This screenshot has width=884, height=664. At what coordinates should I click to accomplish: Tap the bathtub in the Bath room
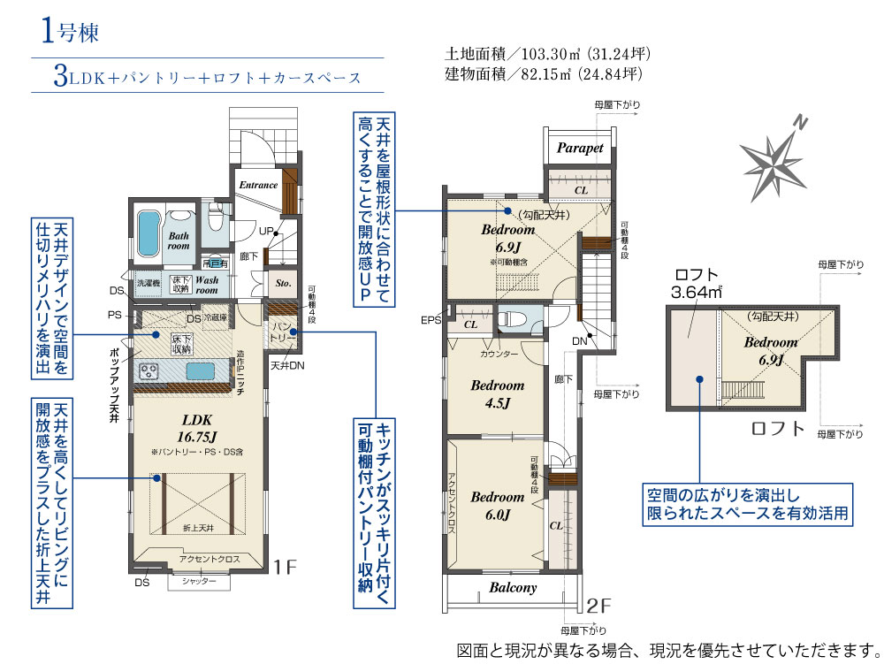tap(149, 233)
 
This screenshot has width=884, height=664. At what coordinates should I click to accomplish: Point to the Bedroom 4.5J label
tap(497, 394)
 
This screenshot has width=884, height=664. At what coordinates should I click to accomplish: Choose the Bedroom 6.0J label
tap(497, 505)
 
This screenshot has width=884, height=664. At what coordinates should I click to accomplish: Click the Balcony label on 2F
tap(513, 587)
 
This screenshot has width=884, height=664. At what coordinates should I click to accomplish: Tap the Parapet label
tap(580, 148)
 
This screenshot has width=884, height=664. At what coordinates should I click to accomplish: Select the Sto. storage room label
tap(283, 284)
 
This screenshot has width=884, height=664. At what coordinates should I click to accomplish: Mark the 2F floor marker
tap(598, 606)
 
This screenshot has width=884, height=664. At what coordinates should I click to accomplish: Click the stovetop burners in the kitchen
tap(149, 370)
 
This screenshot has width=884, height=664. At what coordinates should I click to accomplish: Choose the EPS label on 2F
tap(431, 320)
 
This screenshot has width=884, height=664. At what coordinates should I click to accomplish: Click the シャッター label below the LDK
tap(198, 581)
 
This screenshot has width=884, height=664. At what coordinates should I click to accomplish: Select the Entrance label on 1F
tap(258, 186)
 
